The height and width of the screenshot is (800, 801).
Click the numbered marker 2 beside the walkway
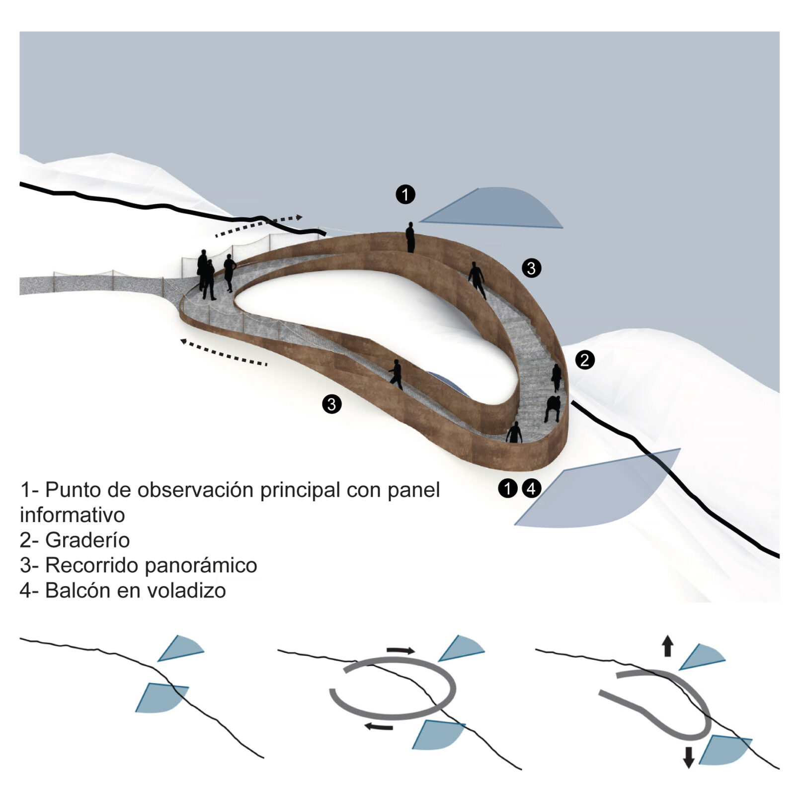point(584,360)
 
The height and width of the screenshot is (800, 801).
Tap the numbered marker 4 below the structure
point(531,488)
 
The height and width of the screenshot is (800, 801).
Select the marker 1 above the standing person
point(405,194)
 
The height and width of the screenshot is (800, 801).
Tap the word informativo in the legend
point(72,515)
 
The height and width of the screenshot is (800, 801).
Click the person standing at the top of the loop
point(410,237)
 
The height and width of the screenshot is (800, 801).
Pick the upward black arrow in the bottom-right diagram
point(667,647)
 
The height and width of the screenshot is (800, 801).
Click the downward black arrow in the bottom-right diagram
point(688,757)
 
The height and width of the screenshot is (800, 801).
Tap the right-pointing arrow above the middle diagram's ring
point(400,650)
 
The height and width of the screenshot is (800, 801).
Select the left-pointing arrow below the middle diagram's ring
point(379,726)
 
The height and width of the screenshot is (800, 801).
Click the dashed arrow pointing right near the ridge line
point(258,226)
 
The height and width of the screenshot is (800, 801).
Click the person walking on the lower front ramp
point(396,374)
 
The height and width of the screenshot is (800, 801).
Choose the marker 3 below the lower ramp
point(331,404)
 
